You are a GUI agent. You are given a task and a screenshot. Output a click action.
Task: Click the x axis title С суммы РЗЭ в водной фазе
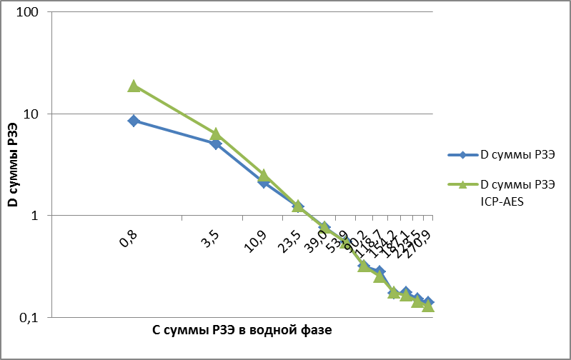click(x=242, y=331)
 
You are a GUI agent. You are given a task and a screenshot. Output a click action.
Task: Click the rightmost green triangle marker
click(x=428, y=306)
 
